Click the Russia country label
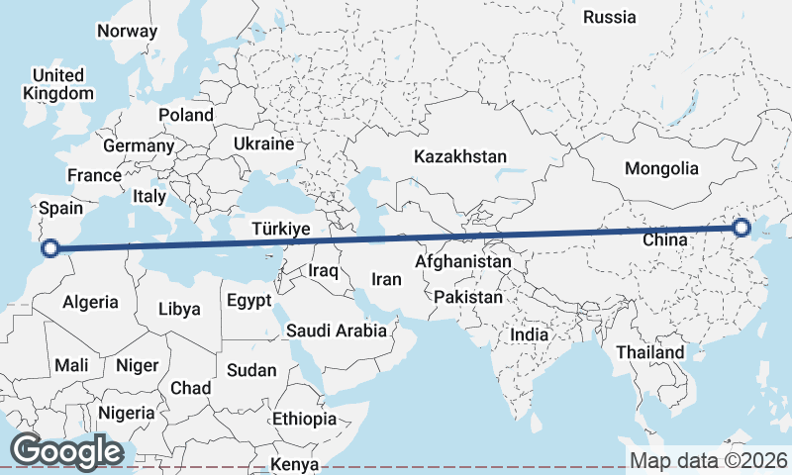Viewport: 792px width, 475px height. pyautogui.click(x=609, y=17)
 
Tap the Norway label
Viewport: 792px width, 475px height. pyautogui.click(x=127, y=31)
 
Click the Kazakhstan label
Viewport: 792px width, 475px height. pyautogui.click(x=460, y=157)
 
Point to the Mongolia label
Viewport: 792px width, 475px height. pyautogui.click(x=661, y=169)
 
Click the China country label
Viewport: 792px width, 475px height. pyautogui.click(x=664, y=239)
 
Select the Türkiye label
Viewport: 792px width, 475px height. pyautogui.click(x=281, y=229)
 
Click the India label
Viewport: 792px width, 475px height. pyautogui.click(x=529, y=335)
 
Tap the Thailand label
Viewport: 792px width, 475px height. pyautogui.click(x=649, y=352)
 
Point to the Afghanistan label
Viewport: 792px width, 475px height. pyautogui.click(x=463, y=262)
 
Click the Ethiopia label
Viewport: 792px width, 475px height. pyautogui.click(x=304, y=419)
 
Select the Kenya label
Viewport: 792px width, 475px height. pyautogui.click(x=295, y=464)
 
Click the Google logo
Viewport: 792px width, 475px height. pyautogui.click(x=66, y=451)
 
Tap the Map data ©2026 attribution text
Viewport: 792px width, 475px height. pyautogui.click(x=709, y=460)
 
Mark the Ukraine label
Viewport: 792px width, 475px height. pyautogui.click(x=264, y=144)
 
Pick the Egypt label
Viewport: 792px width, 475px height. pyautogui.click(x=249, y=300)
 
